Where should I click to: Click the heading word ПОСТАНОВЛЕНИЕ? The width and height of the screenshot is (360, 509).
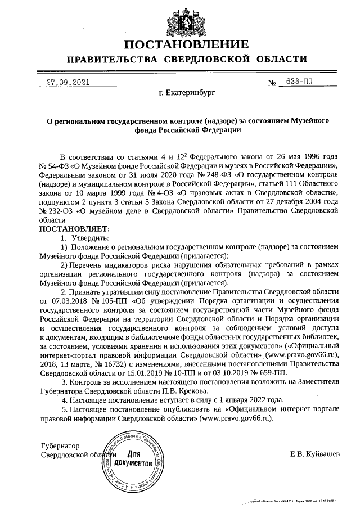[186, 44]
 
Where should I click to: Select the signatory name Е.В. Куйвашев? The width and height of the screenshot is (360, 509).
[315, 453]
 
